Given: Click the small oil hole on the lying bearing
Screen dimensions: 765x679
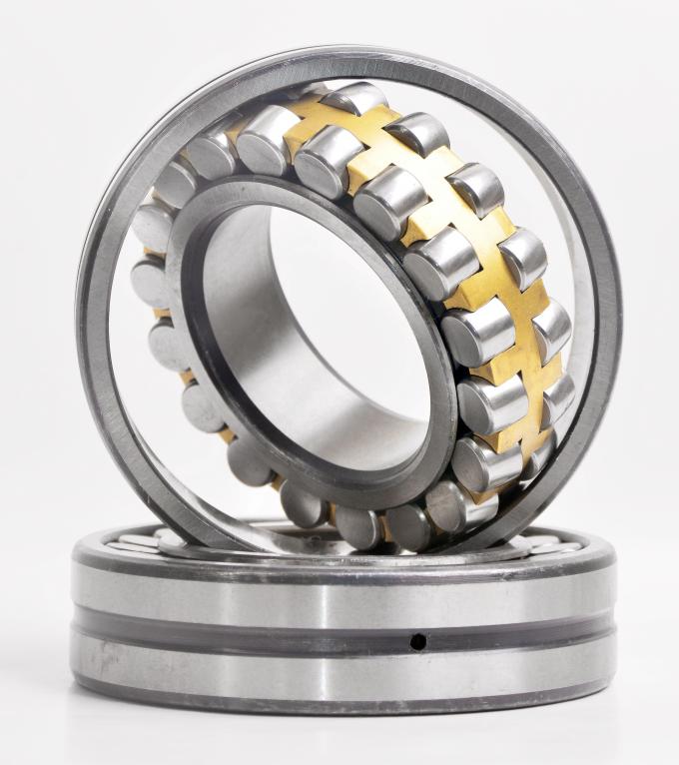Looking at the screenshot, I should click(418, 641).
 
